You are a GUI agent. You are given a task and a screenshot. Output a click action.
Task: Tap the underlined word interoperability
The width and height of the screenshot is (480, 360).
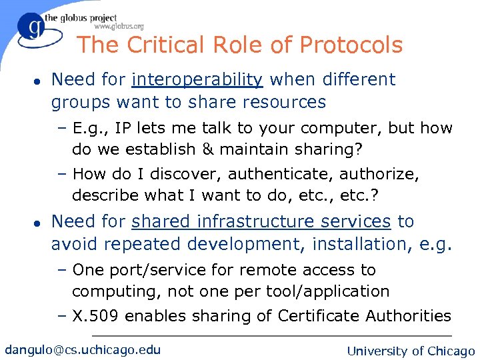pos(197,79)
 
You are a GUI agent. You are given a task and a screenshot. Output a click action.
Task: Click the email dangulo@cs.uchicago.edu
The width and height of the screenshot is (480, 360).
pos(83,349)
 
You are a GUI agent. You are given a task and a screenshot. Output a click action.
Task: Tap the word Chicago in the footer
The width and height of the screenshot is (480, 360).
pos(451,351)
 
